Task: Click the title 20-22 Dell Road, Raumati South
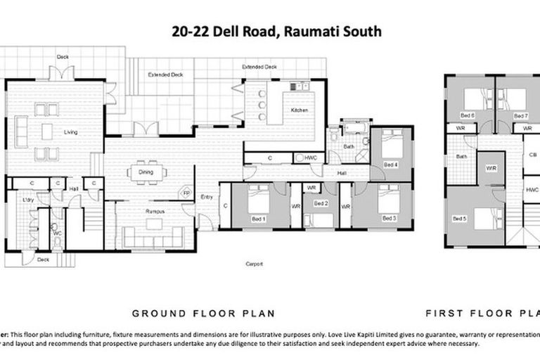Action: point(277,32)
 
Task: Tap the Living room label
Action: point(71,132)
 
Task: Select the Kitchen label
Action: point(300,111)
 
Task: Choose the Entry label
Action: point(207,197)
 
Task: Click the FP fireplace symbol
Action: point(186,192)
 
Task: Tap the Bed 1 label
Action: point(259,219)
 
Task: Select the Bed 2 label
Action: point(321,204)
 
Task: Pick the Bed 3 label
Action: point(390,219)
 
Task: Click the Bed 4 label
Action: point(391,165)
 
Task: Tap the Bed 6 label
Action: point(467,115)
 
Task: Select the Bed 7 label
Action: point(520,115)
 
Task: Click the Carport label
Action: point(254,264)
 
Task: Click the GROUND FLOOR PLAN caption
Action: point(204,313)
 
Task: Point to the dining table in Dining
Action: point(146,172)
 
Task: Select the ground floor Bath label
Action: point(349,146)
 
